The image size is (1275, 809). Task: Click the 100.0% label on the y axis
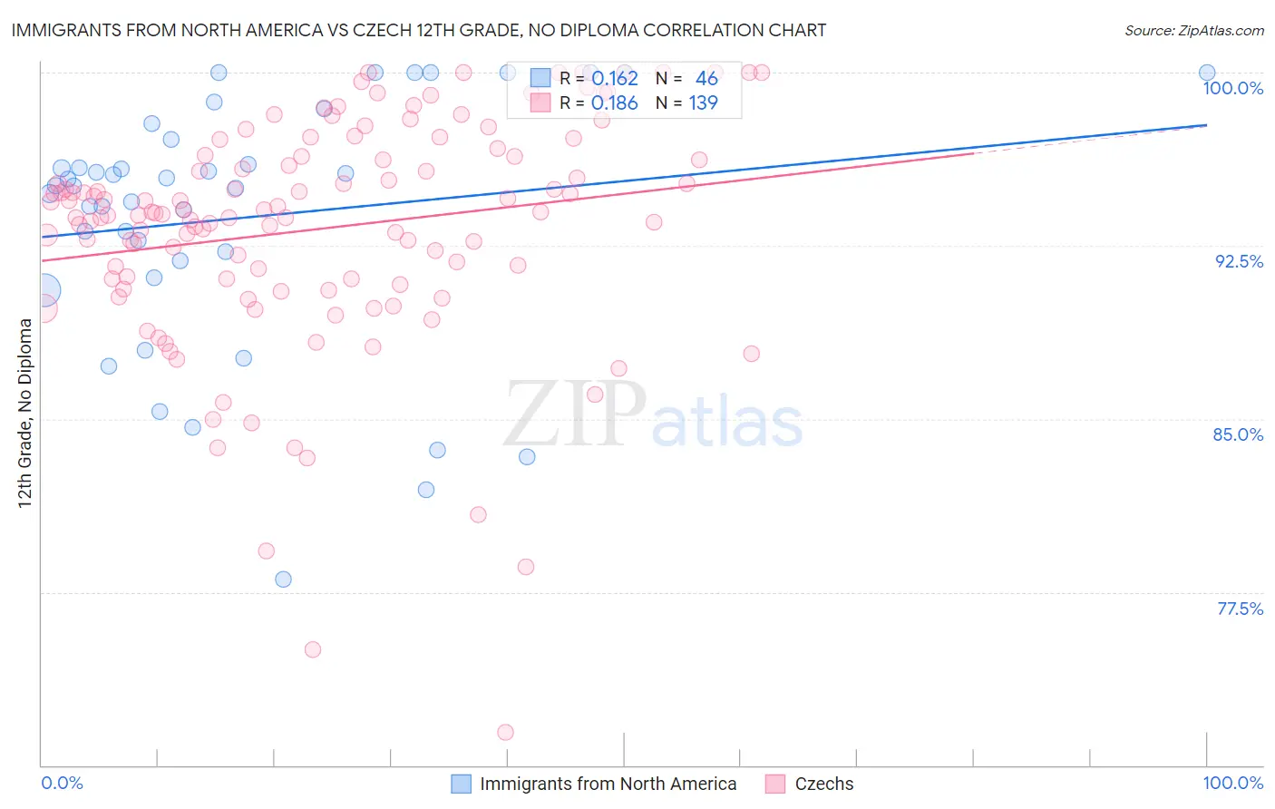1232,88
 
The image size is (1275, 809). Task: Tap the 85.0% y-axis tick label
1238,434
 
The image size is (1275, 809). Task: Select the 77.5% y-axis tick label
1240,609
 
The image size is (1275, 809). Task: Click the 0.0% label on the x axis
62,783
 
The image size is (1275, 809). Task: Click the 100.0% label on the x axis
1232,783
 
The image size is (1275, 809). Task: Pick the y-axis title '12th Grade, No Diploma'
25,413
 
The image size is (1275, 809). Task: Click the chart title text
418,30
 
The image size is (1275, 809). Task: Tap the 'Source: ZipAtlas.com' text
1193,30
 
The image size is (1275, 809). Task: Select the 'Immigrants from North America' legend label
608,784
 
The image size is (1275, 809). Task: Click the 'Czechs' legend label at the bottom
823,784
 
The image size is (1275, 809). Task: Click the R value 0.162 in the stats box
615,79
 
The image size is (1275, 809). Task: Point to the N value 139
703,103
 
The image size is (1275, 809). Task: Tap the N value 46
706,79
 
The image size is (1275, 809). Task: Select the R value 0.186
615,103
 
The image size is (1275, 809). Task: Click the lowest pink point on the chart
505,732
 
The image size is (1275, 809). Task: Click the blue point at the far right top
1207,73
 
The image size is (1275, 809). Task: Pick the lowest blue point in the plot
283,579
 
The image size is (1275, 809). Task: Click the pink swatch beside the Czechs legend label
774,784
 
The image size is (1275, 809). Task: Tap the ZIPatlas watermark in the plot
653,414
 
